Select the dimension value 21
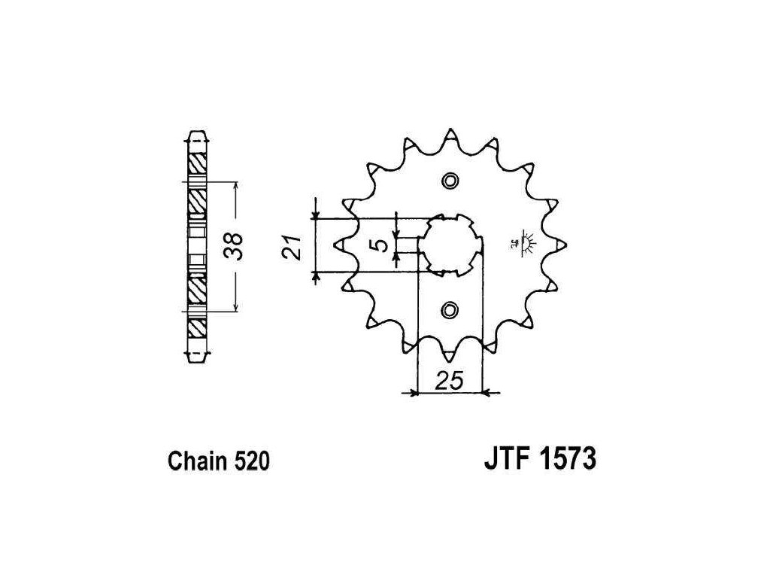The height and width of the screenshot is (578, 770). coord(294,246)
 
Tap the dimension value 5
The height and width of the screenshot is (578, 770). coord(381,245)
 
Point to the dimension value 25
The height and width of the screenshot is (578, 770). coord(449,382)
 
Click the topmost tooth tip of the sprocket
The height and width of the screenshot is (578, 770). coord(450,133)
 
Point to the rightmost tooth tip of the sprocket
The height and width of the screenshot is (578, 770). coord(562,245)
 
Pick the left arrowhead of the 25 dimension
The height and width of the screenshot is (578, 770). coord(413,392)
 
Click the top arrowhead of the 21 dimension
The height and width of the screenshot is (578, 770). coord(317,214)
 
